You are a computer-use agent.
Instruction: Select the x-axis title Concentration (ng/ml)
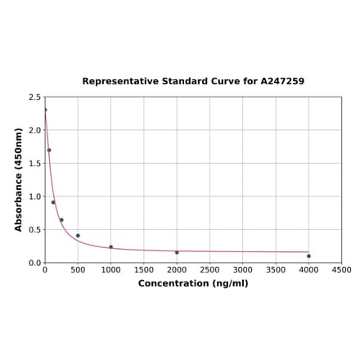193,283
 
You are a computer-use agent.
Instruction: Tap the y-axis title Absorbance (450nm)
19,179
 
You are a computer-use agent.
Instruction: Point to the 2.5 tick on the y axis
35,97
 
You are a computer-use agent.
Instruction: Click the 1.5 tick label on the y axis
35,163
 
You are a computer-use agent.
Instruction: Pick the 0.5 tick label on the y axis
35,230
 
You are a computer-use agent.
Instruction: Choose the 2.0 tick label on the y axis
35,130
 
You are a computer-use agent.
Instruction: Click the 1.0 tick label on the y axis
35,196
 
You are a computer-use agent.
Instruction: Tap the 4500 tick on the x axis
342,269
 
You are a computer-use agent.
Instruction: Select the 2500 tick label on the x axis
209,269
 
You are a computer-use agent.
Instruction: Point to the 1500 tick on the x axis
144,269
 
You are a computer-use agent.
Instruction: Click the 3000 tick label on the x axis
243,269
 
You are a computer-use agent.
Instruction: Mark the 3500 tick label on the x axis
276,269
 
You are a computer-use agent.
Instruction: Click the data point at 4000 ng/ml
308,256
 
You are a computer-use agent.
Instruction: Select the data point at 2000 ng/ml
177,252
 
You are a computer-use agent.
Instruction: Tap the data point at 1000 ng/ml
111,247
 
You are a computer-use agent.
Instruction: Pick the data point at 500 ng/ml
78,236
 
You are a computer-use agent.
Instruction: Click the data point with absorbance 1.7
49,150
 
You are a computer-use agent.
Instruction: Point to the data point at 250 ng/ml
61,219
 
